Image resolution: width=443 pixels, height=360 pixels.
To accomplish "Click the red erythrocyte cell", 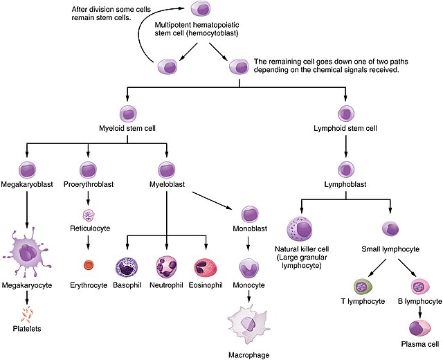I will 88,264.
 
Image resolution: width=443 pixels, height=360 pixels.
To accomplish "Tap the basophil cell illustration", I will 128,267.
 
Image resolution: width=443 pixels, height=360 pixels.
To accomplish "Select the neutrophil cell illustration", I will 167,267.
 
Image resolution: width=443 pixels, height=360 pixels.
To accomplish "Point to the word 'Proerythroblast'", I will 89,185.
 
